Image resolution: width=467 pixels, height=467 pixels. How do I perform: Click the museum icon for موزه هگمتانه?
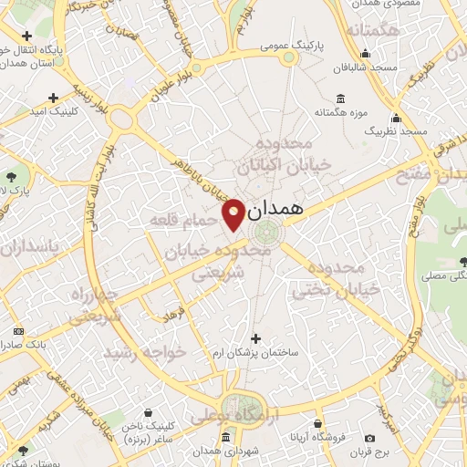(x=340, y=99)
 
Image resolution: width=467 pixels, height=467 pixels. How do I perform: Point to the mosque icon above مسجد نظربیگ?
(x=395, y=118)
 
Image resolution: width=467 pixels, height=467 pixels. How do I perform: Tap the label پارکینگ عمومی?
(x=289, y=43)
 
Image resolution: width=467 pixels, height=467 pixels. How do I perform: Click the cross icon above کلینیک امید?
(x=53, y=97)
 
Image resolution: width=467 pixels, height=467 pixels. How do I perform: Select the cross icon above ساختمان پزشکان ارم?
(x=254, y=338)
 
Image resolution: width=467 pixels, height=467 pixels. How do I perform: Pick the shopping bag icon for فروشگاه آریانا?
(x=317, y=424)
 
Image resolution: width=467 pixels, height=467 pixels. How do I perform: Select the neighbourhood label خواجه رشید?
(x=145, y=351)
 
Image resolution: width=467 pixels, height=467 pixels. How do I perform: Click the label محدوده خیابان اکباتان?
(x=274, y=156)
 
